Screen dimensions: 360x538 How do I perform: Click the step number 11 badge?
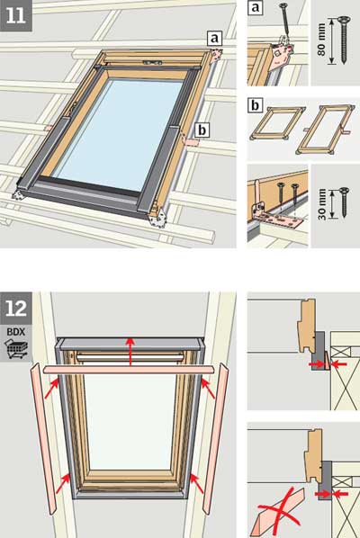pyautogui.click(x=16, y=16)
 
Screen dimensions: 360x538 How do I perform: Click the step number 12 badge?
pyautogui.click(x=16, y=309)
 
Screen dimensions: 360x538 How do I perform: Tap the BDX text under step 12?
pyautogui.click(x=16, y=332)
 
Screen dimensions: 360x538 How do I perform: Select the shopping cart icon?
pyautogui.click(x=17, y=349)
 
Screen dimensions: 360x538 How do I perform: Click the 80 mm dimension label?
pyautogui.click(x=321, y=40)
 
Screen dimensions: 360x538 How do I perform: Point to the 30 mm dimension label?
pyautogui.click(x=322, y=204)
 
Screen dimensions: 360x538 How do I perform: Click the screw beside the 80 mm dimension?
pyautogui.click(x=344, y=40)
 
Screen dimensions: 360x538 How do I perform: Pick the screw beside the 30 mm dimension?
pyautogui.click(x=344, y=202)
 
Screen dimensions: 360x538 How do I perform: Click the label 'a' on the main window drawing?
pyautogui.click(x=214, y=39)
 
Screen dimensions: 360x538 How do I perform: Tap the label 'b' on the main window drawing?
pyautogui.click(x=202, y=130)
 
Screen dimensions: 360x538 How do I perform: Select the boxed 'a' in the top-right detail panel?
pyautogui.click(x=255, y=7)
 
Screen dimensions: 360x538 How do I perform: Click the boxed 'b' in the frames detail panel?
pyautogui.click(x=255, y=105)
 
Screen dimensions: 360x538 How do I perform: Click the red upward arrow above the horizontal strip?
pyautogui.click(x=130, y=352)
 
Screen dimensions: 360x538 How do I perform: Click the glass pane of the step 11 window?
pyautogui.click(x=122, y=135)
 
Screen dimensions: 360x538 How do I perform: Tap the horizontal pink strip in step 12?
pyautogui.click(x=130, y=370)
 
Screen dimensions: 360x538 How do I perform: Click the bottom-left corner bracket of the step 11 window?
pyautogui.click(x=17, y=194)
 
